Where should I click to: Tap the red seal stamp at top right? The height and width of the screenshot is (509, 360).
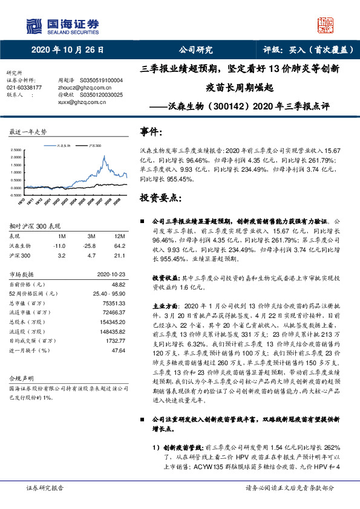[x=327, y=25]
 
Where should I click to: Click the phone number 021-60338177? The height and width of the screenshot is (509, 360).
[x=24, y=88]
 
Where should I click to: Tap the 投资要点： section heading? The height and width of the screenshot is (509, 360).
[x=159, y=198]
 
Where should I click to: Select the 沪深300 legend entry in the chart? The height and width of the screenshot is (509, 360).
[x=94, y=146]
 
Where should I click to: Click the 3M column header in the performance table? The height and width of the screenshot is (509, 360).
[x=92, y=236]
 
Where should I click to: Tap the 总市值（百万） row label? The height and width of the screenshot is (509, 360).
[x=30, y=302]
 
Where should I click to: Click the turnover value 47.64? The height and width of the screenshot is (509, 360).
[x=118, y=350]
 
